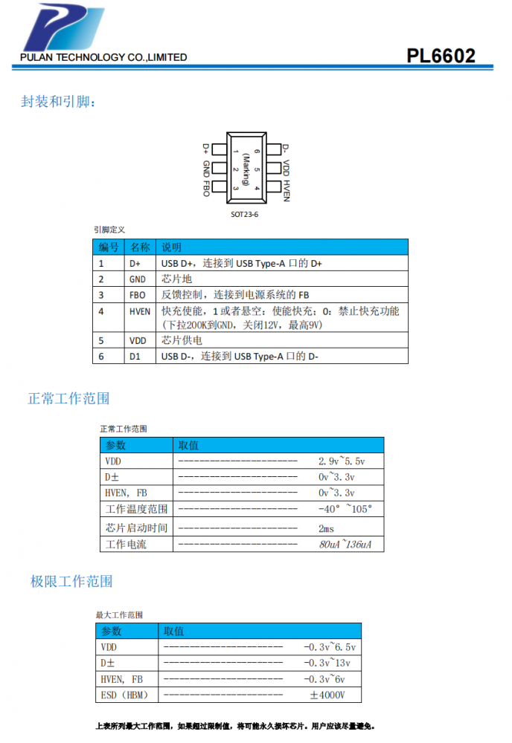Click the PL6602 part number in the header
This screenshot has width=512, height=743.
click(x=441, y=56)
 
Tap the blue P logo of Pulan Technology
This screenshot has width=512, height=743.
click(x=64, y=27)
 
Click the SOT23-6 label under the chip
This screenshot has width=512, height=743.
click(x=244, y=215)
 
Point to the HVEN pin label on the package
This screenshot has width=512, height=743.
click(x=286, y=190)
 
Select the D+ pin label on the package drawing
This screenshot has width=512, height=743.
click(x=205, y=149)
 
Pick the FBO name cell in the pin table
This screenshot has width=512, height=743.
click(x=137, y=295)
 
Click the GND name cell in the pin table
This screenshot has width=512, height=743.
click(x=137, y=279)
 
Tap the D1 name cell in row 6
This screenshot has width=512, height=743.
click(x=135, y=357)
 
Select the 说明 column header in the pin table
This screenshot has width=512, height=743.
click(x=171, y=247)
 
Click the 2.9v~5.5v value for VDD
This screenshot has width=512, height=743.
click(x=342, y=461)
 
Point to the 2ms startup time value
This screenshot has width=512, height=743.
click(x=326, y=528)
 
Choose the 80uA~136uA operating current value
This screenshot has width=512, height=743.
click(x=345, y=545)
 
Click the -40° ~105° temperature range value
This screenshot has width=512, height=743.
click(x=345, y=509)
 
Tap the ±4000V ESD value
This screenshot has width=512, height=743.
click(x=327, y=695)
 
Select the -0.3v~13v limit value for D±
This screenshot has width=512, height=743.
click(x=327, y=663)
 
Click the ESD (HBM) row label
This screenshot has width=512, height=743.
click(x=124, y=695)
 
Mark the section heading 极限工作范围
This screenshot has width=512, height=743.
click(x=71, y=582)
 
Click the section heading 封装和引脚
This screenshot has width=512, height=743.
click(x=58, y=101)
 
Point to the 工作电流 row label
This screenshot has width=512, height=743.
click(x=126, y=545)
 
